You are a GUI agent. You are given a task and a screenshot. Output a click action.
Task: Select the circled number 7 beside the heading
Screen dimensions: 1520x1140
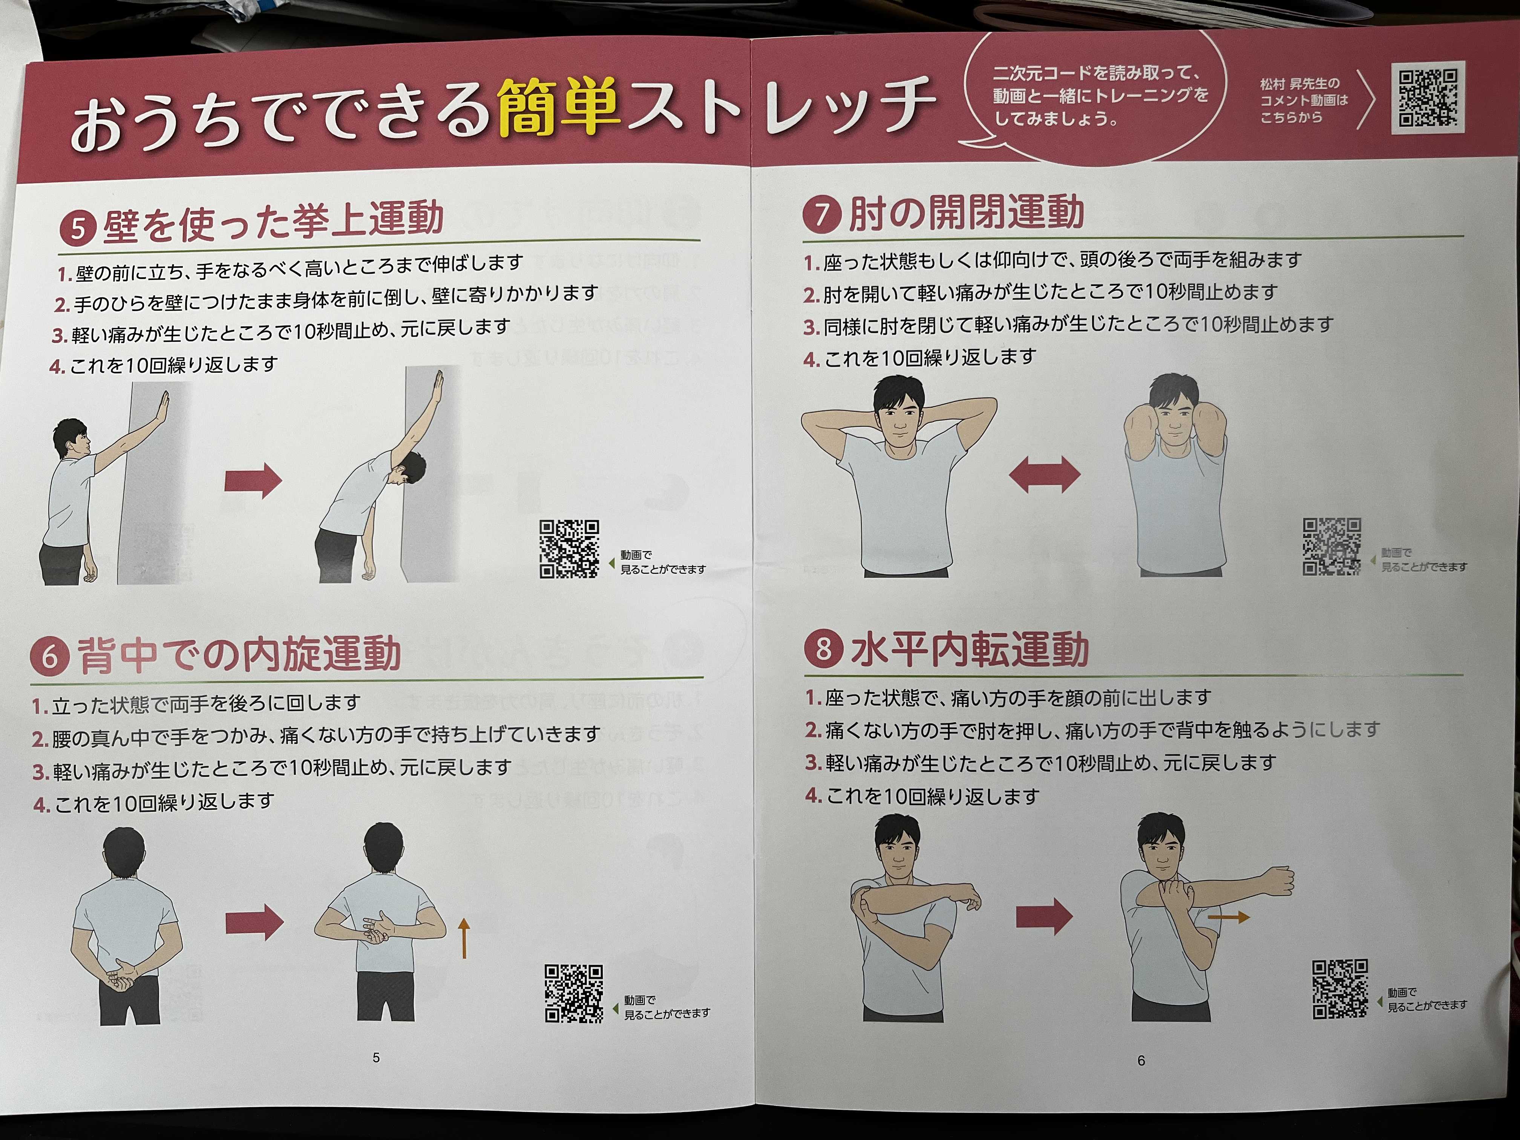click(822, 216)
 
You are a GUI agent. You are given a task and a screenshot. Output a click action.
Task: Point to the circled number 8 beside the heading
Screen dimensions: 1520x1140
click(824, 649)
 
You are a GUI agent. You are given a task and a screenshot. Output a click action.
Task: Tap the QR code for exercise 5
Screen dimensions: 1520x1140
click(569, 549)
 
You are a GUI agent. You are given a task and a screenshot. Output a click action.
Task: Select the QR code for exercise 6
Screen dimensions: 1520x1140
click(574, 993)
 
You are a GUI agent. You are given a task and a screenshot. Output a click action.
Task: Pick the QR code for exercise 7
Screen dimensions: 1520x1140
click(1332, 546)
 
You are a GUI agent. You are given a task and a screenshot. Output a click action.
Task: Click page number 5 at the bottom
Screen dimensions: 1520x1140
click(376, 1057)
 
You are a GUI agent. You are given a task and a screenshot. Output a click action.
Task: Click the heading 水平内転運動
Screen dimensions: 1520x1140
click(970, 650)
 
